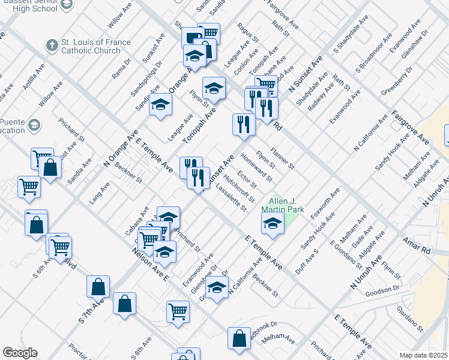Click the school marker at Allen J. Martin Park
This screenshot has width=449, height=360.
click(x=273, y=224)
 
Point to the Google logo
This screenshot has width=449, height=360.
click(x=20, y=353)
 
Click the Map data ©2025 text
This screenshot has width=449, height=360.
click(x=424, y=355)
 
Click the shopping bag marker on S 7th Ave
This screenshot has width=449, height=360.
click(x=98, y=287)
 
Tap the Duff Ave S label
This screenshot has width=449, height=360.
click(x=307, y=262)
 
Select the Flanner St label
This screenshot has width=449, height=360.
click(x=283, y=157)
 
